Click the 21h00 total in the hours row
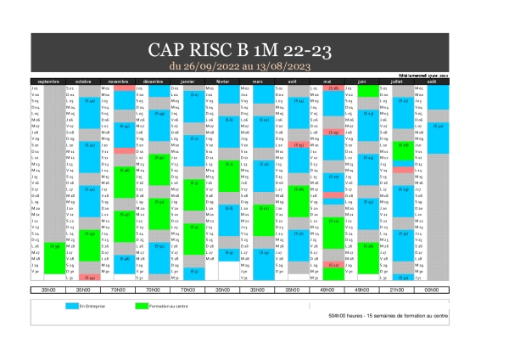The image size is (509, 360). coord(396,290)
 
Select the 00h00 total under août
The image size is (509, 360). coord(431,290)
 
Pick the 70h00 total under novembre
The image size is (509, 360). coord(118,290)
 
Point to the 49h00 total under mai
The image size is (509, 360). coord(327,290)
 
